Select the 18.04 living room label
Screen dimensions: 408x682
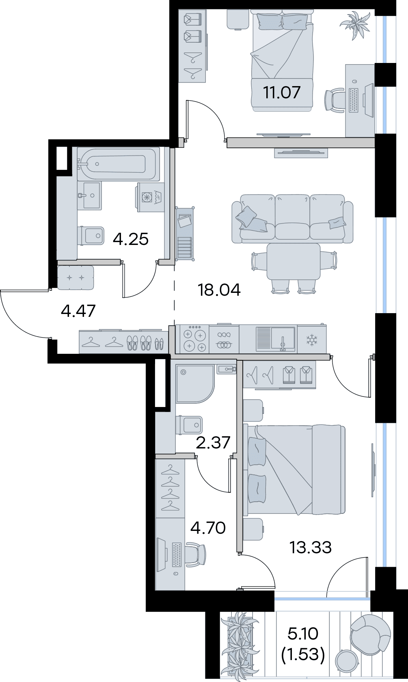click(x=219, y=290)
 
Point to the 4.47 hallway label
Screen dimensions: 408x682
click(x=78, y=311)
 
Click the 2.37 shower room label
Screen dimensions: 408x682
click(x=213, y=442)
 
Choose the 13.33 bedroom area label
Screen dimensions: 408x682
click(x=310, y=548)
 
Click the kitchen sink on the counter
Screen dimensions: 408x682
click(x=275, y=339)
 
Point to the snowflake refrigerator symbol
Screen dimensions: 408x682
click(x=311, y=340)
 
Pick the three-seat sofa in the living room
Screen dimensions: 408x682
click(x=292, y=219)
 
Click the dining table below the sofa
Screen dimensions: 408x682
click(x=293, y=262)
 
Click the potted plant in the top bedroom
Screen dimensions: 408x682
click(x=355, y=25)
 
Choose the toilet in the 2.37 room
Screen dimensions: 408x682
click(x=189, y=425)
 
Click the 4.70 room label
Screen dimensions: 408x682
click(x=208, y=528)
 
